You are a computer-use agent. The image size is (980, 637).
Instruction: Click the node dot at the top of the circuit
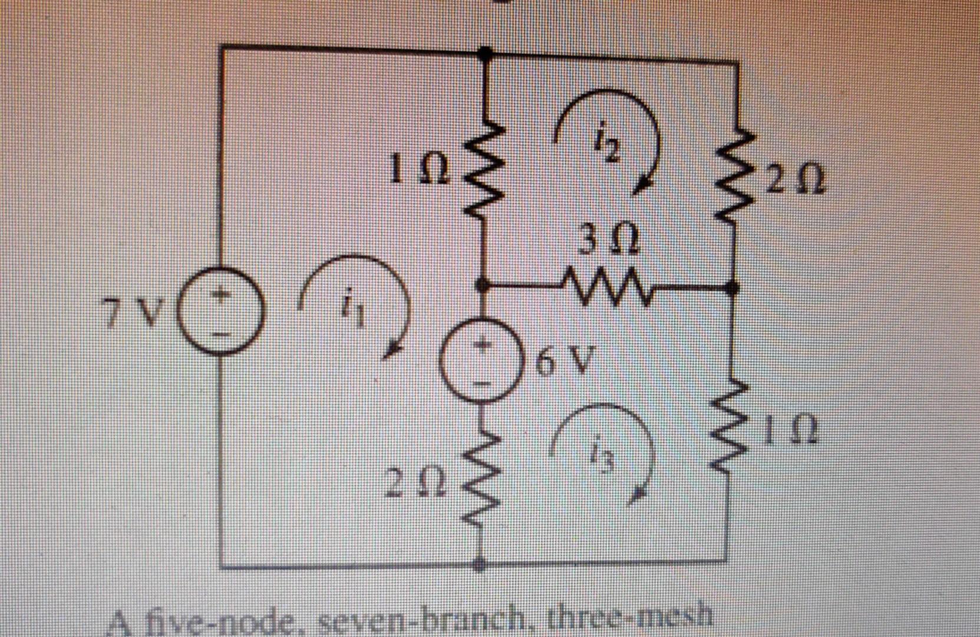484,53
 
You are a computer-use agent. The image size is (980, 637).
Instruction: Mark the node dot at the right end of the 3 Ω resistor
732,287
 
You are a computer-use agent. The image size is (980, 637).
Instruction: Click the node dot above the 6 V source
483,285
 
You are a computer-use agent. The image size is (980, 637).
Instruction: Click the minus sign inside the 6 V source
483,382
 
